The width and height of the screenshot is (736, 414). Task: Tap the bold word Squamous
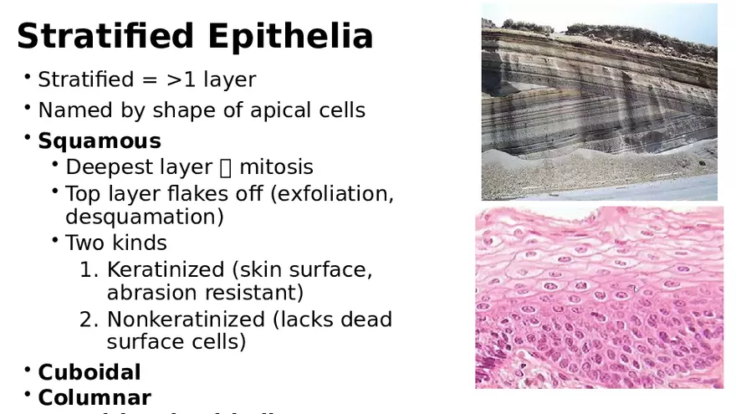100,141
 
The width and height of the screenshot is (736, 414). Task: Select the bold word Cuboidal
89,372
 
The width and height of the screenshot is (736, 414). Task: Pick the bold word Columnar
95,397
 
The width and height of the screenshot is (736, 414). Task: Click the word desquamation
144,217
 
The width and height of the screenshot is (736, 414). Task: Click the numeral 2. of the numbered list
89,319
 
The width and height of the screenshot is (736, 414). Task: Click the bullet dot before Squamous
28,137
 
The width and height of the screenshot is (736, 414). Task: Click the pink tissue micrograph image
599,297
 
